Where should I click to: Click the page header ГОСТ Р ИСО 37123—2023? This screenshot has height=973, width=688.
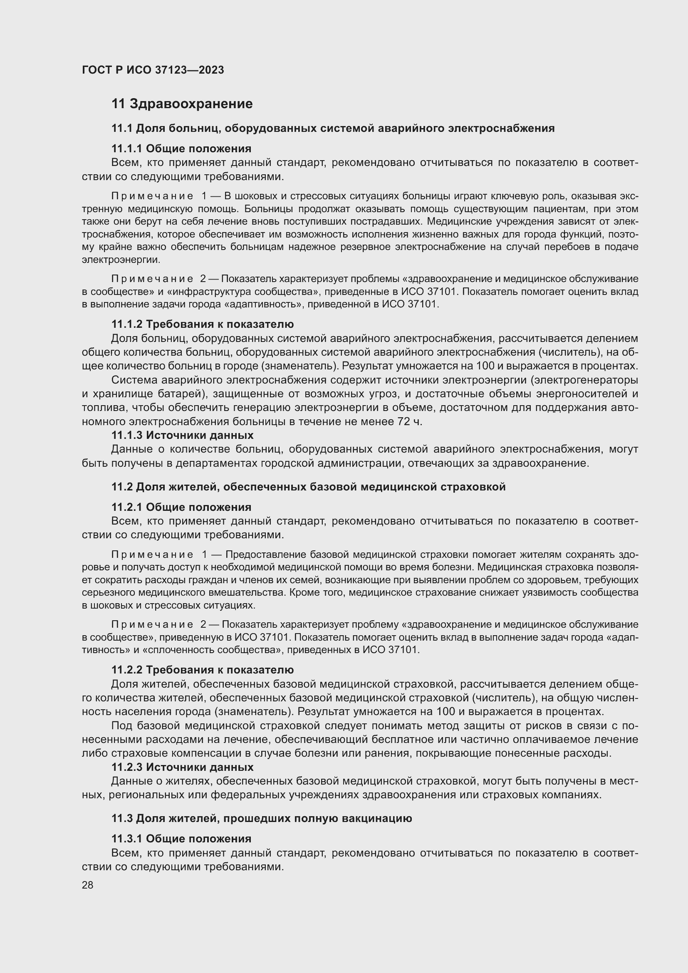pyautogui.click(x=153, y=70)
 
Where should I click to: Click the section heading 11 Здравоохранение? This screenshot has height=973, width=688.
pyautogui.click(x=182, y=104)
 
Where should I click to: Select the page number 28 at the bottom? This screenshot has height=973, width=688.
pyautogui.click(x=87, y=885)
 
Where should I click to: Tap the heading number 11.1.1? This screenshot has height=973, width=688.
pyautogui.click(x=127, y=149)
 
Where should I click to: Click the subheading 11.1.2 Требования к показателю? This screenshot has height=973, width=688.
pyautogui.click(x=203, y=324)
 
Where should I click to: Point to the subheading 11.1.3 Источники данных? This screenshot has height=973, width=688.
pyautogui.click(x=182, y=435)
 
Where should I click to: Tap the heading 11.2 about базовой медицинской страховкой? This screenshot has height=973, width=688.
pyautogui.click(x=308, y=487)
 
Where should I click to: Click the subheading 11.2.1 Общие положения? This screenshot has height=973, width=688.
pyautogui.click(x=181, y=507)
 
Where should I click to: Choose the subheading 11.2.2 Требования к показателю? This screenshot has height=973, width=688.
pyautogui.click(x=203, y=670)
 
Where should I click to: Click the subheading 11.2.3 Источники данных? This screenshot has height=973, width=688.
pyautogui.click(x=182, y=767)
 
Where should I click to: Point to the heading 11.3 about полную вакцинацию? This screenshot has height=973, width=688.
pyautogui.click(x=261, y=818)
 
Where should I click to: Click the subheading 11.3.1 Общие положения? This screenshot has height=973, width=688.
pyautogui.click(x=181, y=839)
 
